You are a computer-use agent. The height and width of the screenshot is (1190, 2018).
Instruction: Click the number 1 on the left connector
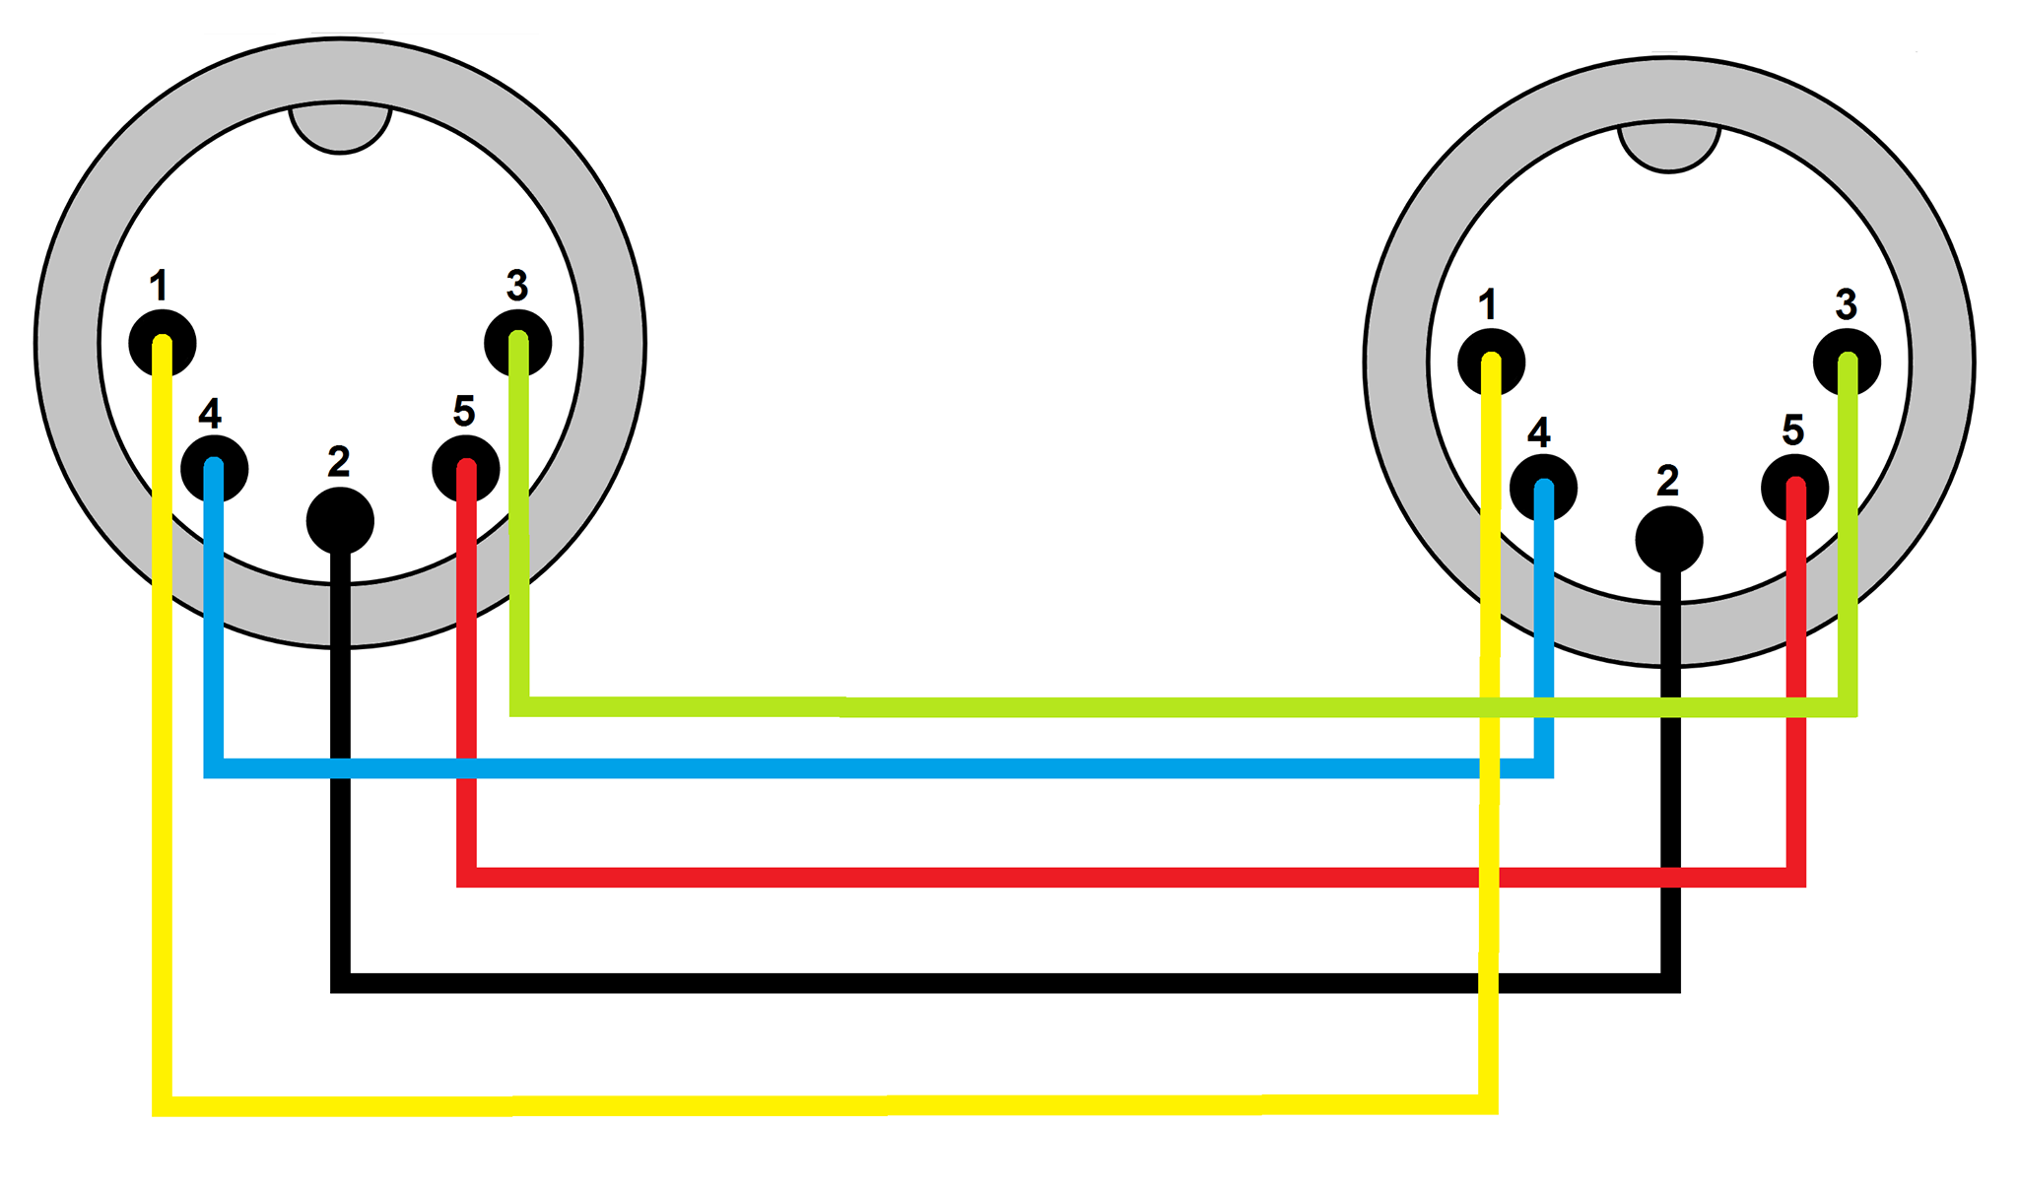coord(158,286)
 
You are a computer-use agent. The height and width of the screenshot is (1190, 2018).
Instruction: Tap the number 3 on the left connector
coord(517,286)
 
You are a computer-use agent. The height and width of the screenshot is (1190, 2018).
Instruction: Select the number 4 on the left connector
coord(210,413)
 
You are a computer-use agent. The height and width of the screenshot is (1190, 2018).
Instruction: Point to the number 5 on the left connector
coord(464,411)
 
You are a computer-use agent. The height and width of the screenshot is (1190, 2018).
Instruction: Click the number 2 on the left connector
coord(339,461)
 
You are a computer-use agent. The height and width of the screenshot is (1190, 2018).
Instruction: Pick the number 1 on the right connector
coord(1487,304)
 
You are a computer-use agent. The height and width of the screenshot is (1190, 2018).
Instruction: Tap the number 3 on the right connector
coord(1847,304)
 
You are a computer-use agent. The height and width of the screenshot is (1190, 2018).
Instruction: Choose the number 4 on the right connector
coord(1539,431)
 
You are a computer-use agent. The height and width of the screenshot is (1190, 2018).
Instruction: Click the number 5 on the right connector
coord(1793,430)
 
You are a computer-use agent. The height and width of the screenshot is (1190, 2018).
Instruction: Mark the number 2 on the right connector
coord(1667,481)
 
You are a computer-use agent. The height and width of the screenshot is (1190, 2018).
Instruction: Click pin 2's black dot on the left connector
coord(340,519)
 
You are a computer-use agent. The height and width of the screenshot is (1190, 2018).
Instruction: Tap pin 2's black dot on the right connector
coord(1669,539)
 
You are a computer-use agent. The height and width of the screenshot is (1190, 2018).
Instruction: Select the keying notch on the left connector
coord(340,128)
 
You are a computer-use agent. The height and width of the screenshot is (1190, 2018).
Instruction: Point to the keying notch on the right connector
coord(1669,147)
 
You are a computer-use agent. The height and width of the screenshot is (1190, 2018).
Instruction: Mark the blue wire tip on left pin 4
coord(214,467)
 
